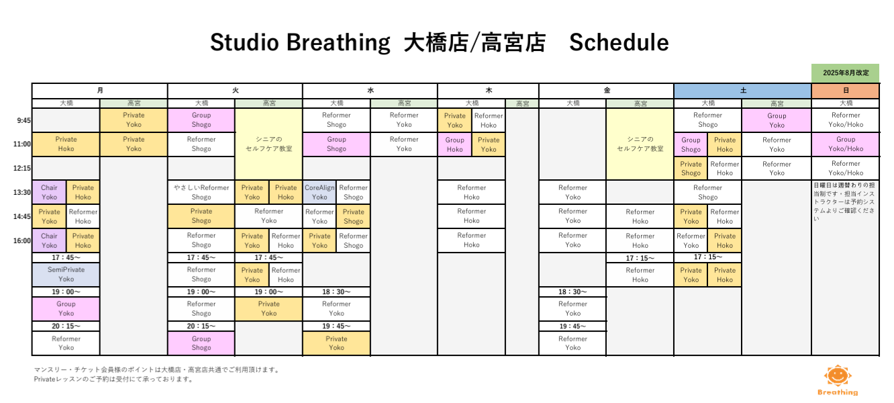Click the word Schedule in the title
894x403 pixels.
pyautogui.click(x=619, y=42)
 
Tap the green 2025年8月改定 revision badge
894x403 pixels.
pyautogui.click(x=845, y=73)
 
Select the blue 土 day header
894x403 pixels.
pyautogui.click(x=743, y=91)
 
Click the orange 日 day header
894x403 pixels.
pyautogui.click(x=845, y=91)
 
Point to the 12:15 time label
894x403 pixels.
pyautogui.click(x=22, y=168)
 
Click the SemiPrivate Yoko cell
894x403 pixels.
pyautogui.click(x=66, y=275)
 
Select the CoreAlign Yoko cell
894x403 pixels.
pyautogui.click(x=319, y=192)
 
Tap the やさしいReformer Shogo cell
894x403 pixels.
pyautogui.click(x=201, y=192)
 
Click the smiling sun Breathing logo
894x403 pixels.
pyautogui.click(x=838, y=380)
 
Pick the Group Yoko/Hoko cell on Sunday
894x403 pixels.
pyautogui.click(x=845, y=144)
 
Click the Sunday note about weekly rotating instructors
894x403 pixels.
pyautogui.click(x=844, y=201)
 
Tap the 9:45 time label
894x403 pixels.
pyautogui.click(x=23, y=121)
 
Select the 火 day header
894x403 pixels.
pyautogui.click(x=235, y=91)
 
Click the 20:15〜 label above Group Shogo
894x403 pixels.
pyautogui.click(x=201, y=326)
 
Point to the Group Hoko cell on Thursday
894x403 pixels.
pyautogui.click(x=454, y=144)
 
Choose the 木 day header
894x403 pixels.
pyautogui.click(x=489, y=91)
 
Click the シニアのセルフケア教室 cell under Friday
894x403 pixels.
pyautogui.click(x=640, y=144)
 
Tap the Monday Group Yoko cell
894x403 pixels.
pyautogui.click(x=66, y=309)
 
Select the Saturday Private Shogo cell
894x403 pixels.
pyautogui.click(x=691, y=169)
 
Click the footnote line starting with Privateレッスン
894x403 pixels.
pyautogui.click(x=113, y=379)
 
